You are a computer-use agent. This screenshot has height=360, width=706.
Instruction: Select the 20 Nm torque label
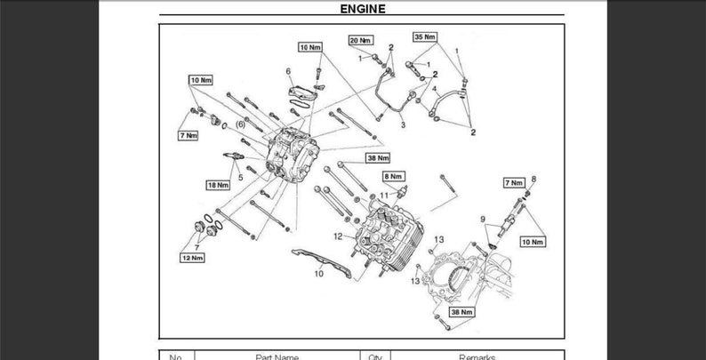tap(360, 41)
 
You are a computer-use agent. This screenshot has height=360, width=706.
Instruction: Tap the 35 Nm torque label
tap(425, 36)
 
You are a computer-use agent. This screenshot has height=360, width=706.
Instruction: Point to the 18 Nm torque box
tap(218, 185)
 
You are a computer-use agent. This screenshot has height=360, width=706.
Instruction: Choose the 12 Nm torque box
tap(192, 258)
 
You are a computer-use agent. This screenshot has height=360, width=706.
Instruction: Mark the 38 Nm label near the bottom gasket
tap(461, 312)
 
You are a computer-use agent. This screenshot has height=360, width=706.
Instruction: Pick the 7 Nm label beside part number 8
tap(514, 182)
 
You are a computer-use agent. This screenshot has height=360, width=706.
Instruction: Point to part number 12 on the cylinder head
tap(338, 236)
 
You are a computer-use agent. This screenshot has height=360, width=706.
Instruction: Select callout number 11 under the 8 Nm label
tap(385, 194)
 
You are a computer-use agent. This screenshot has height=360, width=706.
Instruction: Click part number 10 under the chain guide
tap(318, 274)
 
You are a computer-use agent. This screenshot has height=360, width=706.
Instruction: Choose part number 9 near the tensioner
tap(483, 219)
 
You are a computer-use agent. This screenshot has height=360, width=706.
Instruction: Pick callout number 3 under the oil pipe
tap(402, 125)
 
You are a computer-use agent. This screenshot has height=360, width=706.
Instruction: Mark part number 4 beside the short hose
tap(434, 90)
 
